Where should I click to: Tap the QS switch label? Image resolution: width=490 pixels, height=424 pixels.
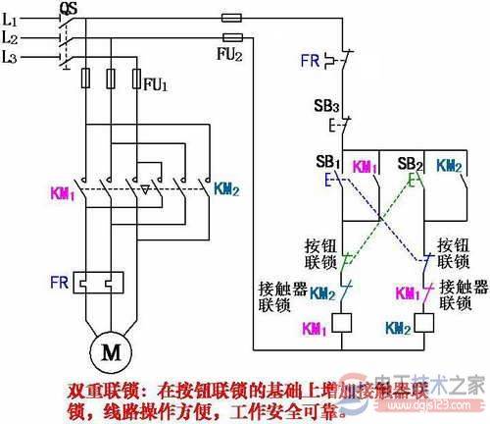pos(69,8)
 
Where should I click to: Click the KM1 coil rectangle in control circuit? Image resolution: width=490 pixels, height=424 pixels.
pos(344,321)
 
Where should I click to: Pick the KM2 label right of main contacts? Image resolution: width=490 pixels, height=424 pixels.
pos(228,185)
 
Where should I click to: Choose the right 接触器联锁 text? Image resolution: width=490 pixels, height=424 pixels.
pos(460,295)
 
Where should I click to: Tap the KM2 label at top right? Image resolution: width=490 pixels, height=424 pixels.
pos(449,166)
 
